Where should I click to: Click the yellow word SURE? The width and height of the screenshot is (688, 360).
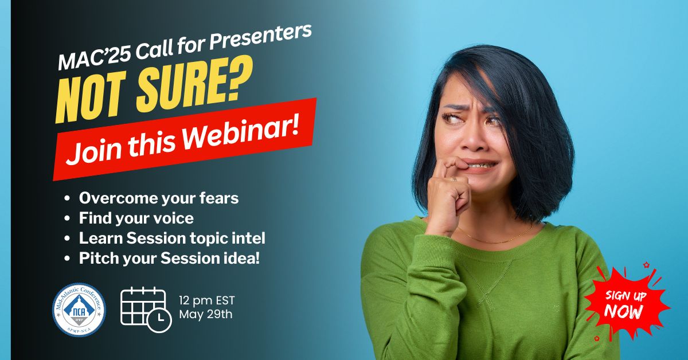pos(194,86)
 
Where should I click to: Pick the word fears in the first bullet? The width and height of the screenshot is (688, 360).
pos(219,198)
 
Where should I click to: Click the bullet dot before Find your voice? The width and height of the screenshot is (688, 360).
pos(67,219)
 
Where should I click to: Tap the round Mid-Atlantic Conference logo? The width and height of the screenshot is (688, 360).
pos(79,310)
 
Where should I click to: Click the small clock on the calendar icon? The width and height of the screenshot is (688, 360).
pos(159,320)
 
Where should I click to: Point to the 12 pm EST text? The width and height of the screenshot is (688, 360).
pos(207,300)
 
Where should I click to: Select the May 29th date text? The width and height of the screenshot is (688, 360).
pos(206,315)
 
